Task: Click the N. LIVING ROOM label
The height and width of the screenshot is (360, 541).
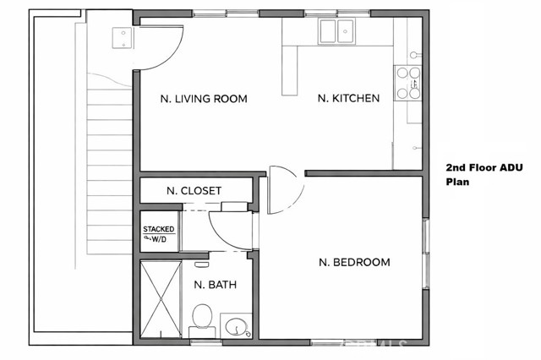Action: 204,99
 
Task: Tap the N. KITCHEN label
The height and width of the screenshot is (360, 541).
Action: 348,99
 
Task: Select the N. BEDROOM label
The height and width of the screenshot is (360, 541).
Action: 354,262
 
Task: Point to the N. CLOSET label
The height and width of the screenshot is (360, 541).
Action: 194,191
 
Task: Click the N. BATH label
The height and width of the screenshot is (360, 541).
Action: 215,285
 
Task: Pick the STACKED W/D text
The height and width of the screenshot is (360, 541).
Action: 158,234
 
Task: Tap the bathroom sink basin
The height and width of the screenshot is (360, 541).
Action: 236,325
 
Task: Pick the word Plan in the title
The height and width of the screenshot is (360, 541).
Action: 456,182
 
